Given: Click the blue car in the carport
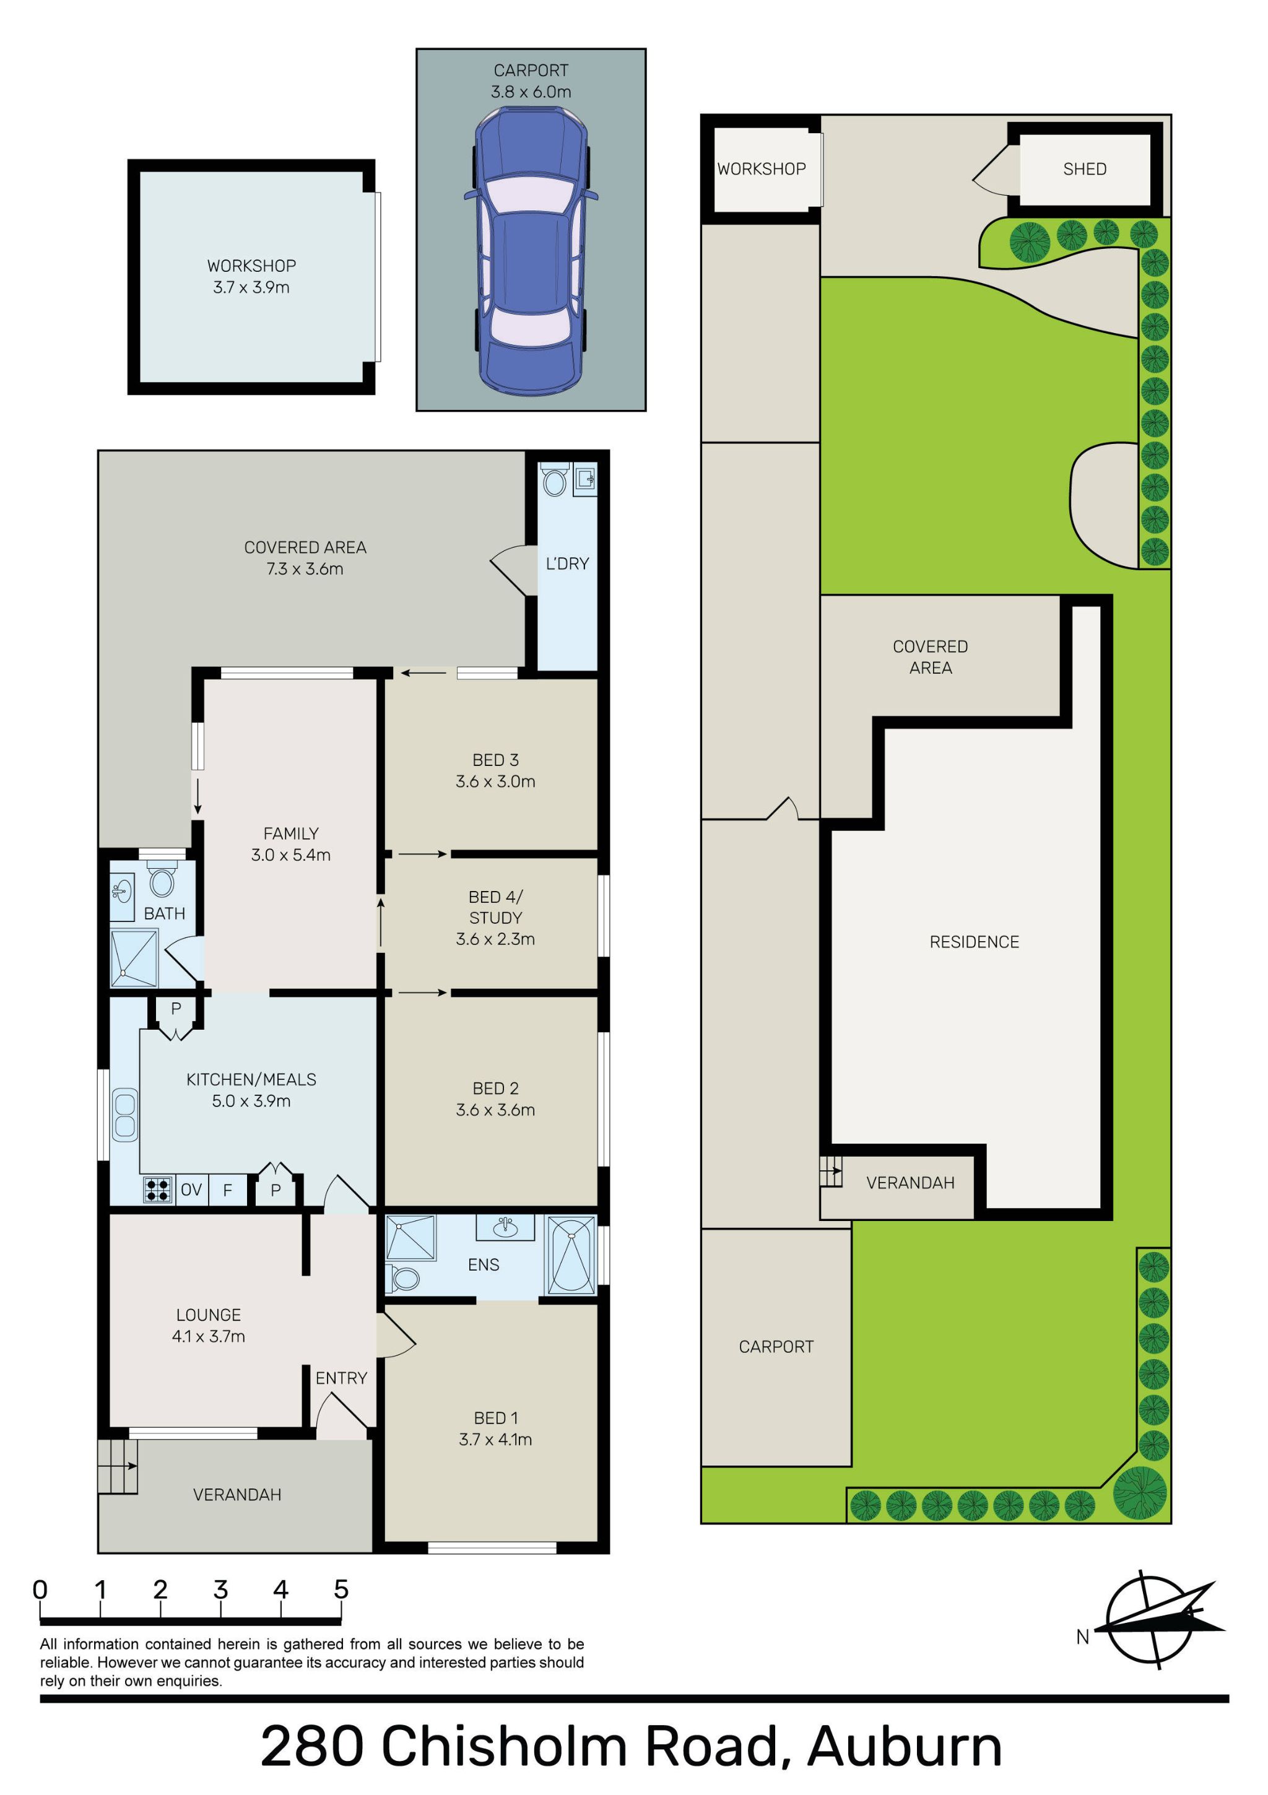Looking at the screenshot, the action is pos(531,250).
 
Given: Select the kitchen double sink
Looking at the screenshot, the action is pos(125,1115).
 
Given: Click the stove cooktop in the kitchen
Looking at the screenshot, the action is pos(158,1190).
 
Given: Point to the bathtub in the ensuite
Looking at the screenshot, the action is pos(571,1256).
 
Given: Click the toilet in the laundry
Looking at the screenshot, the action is pos(554,479).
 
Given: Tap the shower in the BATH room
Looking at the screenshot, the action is pos(134,958).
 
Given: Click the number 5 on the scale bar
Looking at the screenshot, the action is pos(341,1589).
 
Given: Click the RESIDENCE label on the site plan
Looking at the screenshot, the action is pos(974,942).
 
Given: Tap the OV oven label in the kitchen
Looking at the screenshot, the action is pos(191,1190).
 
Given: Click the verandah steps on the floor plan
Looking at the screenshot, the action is pos(117,1467).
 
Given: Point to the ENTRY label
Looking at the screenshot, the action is pos(341,1378).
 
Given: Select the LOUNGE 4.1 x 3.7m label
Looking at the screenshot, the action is pos(209,1326).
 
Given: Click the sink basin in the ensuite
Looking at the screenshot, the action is pos(506,1227).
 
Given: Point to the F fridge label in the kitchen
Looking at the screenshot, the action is pos(227,1190).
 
